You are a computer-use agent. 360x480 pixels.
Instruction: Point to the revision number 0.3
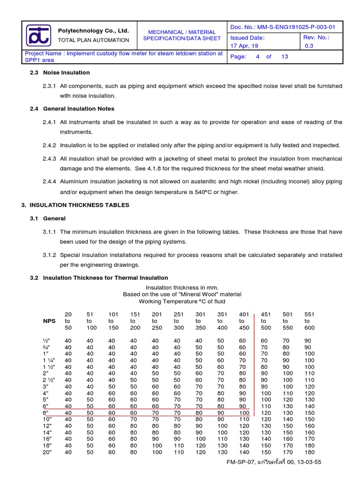tap(309, 46)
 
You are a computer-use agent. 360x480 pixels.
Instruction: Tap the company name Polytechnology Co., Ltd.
tap(93, 30)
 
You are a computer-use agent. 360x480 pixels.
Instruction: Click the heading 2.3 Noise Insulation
tap(60, 73)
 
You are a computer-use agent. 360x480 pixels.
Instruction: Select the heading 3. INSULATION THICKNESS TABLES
tap(75, 205)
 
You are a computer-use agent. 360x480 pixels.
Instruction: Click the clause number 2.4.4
tap(49, 181)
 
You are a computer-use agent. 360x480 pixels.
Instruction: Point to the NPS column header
tap(49, 321)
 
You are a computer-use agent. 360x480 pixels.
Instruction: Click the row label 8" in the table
tap(45, 413)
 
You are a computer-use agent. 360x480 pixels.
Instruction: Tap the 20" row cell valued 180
tap(309, 452)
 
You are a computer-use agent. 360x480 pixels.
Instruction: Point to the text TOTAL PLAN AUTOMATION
tap(93, 40)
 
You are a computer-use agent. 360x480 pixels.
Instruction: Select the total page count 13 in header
tap(285, 57)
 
